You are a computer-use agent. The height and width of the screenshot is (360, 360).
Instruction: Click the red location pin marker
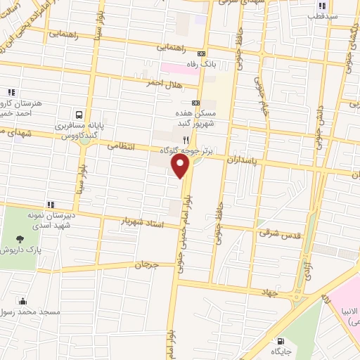(x=181, y=166)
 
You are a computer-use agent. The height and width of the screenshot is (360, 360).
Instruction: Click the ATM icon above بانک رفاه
(x=202, y=53)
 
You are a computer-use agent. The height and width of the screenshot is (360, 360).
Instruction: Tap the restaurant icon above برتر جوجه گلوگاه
(x=186, y=140)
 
